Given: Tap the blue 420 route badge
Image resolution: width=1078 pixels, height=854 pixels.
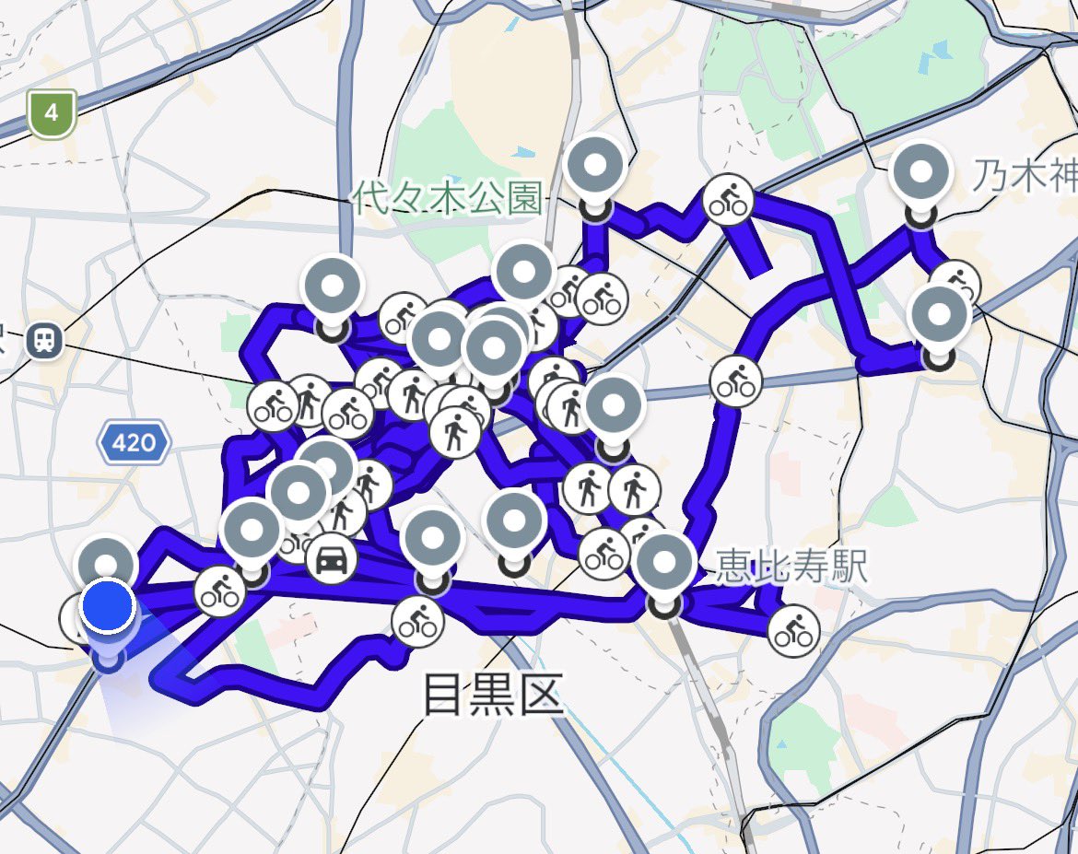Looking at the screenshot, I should [x=134, y=443].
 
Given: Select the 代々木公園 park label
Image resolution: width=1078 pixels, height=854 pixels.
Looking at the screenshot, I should [x=448, y=197].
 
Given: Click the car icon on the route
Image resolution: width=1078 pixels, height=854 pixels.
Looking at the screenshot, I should [x=331, y=557].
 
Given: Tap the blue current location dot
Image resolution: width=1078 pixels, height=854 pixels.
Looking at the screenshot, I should [x=108, y=606].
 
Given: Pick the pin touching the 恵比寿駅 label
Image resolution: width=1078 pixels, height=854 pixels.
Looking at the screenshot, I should [x=665, y=562].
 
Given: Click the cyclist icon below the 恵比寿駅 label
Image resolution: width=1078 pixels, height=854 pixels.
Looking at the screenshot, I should [x=792, y=631].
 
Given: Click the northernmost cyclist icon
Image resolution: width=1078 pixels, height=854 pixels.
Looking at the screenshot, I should [x=728, y=200].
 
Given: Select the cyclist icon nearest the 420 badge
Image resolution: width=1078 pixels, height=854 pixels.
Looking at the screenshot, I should [x=274, y=406].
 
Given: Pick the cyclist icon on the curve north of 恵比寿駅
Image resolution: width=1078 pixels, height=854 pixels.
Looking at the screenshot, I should [x=736, y=380].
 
